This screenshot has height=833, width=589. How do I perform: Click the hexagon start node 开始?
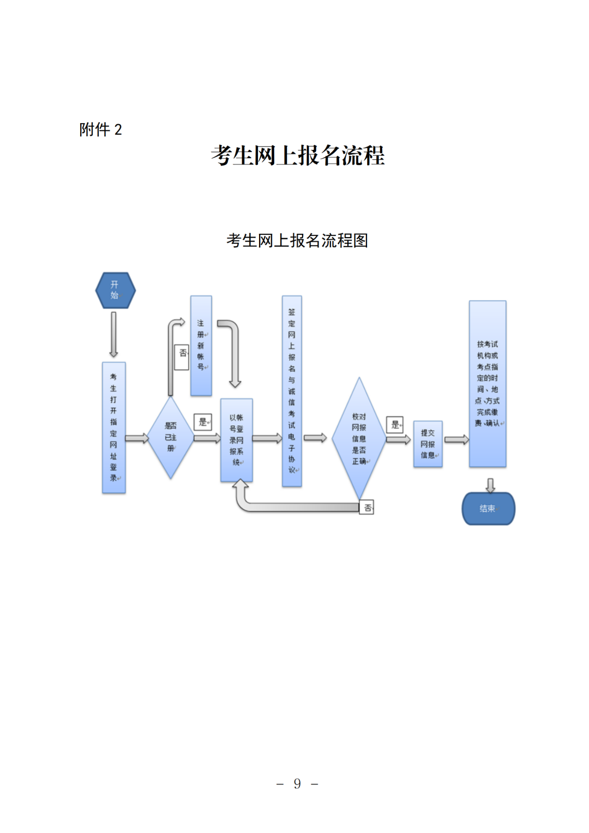click(115, 290)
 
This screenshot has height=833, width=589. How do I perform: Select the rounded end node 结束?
click(488, 509)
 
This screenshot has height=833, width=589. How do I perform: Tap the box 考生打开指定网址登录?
click(114, 427)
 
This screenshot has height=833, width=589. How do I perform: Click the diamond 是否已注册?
click(171, 437)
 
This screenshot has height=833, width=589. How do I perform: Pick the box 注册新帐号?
click(201, 345)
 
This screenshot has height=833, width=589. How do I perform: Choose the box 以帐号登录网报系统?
click(236, 440)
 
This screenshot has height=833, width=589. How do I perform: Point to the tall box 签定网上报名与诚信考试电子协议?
click(292, 390)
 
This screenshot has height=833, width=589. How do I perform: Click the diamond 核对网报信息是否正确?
click(359, 438)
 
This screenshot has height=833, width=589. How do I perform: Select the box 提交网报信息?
click(428, 444)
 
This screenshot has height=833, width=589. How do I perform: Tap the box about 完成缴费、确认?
click(488, 384)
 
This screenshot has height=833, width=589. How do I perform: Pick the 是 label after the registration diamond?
click(203, 422)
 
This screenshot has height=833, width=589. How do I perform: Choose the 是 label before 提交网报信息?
click(395, 425)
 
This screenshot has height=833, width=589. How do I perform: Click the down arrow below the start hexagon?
click(113, 334)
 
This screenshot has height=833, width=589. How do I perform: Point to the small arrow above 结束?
click(490, 485)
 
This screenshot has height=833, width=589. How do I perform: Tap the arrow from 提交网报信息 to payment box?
click(456, 440)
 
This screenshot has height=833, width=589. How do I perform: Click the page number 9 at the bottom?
click(297, 784)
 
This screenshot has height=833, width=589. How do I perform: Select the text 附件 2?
click(100, 130)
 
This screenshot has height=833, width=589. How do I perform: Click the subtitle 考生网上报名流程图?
click(297, 240)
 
